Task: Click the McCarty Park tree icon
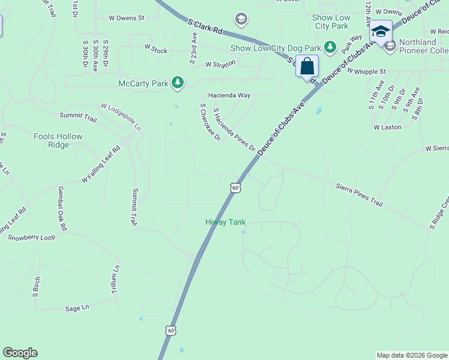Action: coord(177,83)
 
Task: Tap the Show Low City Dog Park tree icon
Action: coord(330,47)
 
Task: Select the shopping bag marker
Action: coord(307,67)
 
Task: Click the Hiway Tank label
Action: coord(226,222)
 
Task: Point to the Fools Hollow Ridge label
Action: coord(58,141)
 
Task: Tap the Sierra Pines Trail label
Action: coord(359,194)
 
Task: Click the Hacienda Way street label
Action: coord(229,95)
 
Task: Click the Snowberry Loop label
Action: coord(31,237)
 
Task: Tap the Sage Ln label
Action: coord(77,308)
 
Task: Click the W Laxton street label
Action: coord(387,127)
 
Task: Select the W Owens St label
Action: coord(127,18)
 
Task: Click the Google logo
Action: coord(20,353)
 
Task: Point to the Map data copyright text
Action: coord(411,355)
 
